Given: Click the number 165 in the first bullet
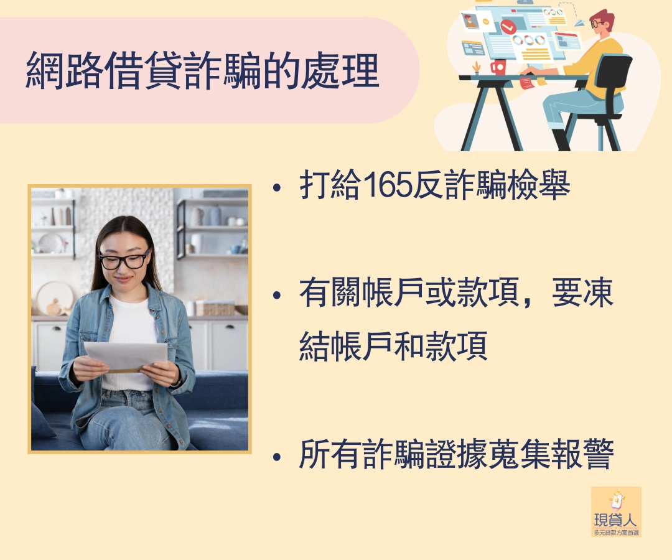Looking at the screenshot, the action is (388, 185).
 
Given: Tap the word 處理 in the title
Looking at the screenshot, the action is (341, 71).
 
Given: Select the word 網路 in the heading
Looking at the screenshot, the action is (64, 71).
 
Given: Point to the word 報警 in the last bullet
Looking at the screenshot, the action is (583, 454).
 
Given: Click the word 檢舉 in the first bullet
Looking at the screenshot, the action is (539, 185).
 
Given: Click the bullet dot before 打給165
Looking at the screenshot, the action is (277, 187).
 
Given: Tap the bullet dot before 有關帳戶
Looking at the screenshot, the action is (277, 295).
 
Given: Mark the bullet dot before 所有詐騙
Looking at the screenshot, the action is (277, 457).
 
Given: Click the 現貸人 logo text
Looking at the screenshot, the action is (616, 520).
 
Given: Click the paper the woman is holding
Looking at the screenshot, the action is (126, 357).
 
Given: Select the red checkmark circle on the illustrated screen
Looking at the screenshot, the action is (508, 27).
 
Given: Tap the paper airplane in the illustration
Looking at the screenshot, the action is (579, 22).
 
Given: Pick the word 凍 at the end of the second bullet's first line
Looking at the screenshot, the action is (599, 293).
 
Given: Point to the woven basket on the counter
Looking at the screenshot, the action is (215, 308).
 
